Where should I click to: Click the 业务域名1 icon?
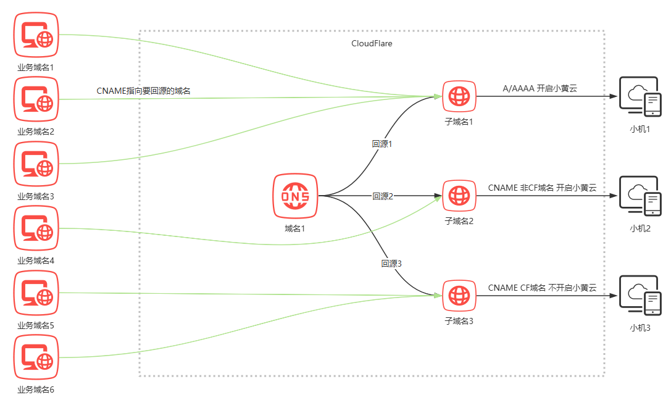coord(36,35)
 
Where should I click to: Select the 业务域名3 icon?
coord(36,164)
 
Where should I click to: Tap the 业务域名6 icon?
coord(36,357)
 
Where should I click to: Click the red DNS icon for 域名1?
coord(295,196)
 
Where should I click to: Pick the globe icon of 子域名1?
coord(459,96)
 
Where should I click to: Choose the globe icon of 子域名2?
coord(459,196)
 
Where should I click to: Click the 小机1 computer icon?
coord(640,97)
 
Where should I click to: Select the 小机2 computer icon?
coord(640,196)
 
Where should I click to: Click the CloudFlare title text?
coord(372,44)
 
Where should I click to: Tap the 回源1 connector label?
coord(382,144)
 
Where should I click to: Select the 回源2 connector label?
coord(383,196)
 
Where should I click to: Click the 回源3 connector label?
coord(391,264)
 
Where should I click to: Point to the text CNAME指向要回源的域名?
coord(143,91)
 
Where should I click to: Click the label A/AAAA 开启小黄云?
coord(540,89)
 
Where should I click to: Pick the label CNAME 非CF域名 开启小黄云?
coord(542,188)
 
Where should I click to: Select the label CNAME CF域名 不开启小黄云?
coord(542,288)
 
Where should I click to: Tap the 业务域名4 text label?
coord(36,260)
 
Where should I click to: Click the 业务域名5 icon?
coord(36,293)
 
